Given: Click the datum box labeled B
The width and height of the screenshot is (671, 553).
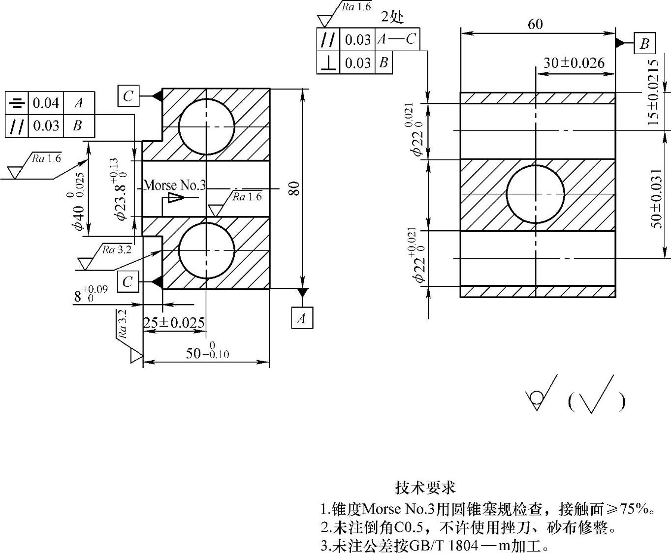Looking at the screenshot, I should [644, 43].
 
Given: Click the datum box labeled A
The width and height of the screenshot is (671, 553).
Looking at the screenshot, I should [301, 318].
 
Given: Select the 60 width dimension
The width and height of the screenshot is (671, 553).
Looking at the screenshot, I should [535, 24].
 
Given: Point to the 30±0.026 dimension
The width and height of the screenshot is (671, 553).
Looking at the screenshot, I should [574, 63].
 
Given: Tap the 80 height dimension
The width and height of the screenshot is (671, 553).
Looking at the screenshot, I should [294, 188].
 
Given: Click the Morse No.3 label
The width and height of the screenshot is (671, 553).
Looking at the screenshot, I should [174, 185].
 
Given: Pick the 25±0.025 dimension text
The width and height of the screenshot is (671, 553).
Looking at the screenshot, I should [174, 323].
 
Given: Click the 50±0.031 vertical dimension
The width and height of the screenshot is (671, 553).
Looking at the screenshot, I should [657, 198].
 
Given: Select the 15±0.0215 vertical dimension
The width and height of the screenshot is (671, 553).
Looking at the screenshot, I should [653, 92].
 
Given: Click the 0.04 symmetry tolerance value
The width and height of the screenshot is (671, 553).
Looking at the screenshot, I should [46, 103].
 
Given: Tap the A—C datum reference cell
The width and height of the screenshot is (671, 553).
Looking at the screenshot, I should [397, 39].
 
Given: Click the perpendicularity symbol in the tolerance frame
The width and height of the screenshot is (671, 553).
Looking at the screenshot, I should [328, 63].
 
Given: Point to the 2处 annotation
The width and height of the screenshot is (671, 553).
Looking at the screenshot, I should [392, 17].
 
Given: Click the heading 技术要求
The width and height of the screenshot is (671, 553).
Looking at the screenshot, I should [425, 487].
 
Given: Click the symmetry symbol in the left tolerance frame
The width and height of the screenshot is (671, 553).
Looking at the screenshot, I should [17, 103].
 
